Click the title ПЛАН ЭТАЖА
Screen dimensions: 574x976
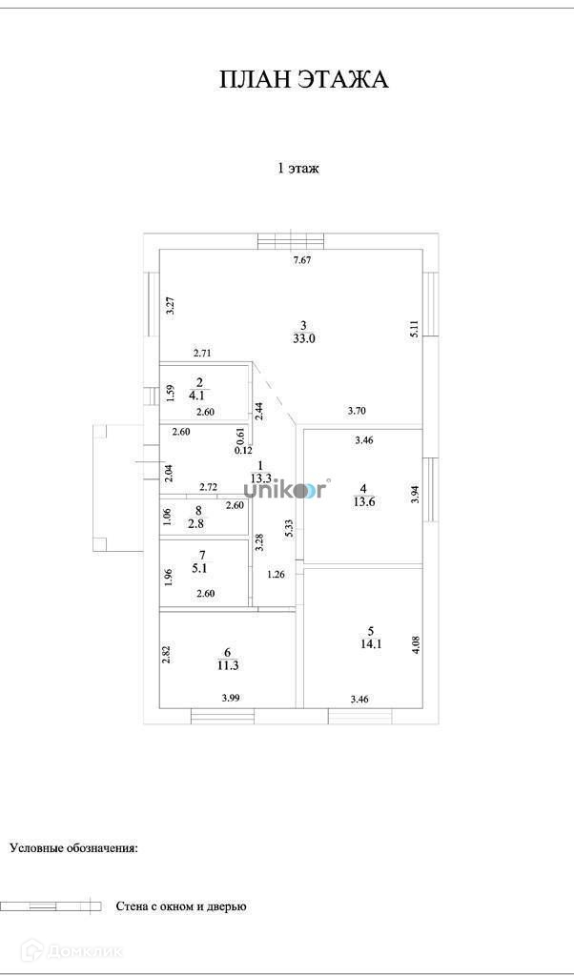tap(303, 79)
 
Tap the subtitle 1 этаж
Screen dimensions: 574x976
tap(297, 169)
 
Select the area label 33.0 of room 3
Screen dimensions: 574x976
tap(303, 337)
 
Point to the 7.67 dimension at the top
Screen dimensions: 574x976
tap(302, 260)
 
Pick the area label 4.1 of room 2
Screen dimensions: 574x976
tap(197, 394)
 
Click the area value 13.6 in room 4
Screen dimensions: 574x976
tap(364, 502)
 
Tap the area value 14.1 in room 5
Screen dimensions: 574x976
tap(371, 643)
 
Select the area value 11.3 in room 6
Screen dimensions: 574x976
tap(229, 665)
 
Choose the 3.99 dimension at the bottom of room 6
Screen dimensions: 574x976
tap(231, 698)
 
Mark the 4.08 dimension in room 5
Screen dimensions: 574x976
tap(415, 643)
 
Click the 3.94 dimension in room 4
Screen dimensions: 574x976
tap(414, 495)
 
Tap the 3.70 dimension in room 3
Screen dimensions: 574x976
tap(357, 411)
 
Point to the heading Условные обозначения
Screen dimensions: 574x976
tap(73, 846)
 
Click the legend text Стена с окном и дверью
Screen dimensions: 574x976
tap(180, 906)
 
